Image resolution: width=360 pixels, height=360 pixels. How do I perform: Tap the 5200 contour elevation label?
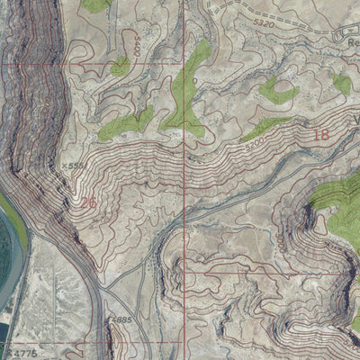coord(254,142)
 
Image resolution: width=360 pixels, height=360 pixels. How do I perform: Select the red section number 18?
coord(320,135)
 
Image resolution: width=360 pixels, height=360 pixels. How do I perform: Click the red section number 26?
coord(87,203)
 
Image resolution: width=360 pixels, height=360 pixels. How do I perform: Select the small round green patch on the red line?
coord(120,66)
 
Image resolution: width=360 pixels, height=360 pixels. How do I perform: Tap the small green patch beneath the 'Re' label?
coord(342,85)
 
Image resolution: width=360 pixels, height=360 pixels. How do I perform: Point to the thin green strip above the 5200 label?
coord(266,126)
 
